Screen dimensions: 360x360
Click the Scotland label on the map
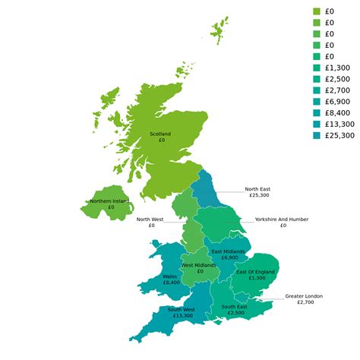click(x=160, y=134)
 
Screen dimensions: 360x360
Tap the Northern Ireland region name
click(x=109, y=201)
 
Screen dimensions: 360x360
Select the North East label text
click(x=257, y=189)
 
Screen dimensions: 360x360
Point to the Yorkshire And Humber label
click(x=282, y=219)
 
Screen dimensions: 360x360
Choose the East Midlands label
click(x=228, y=251)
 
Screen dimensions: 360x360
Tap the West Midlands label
click(x=199, y=265)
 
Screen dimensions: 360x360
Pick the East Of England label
click(x=255, y=271)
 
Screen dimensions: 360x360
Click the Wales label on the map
click(x=171, y=276)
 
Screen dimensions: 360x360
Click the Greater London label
click(x=304, y=295)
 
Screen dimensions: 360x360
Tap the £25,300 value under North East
click(x=259, y=196)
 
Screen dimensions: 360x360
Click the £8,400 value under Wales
click(x=171, y=283)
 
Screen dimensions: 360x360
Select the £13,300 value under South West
click(x=182, y=316)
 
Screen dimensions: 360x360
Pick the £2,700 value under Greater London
click(x=305, y=302)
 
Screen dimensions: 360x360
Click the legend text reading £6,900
click(x=337, y=101)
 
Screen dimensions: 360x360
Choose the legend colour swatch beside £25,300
click(x=317, y=135)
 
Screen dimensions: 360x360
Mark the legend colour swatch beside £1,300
click(x=317, y=68)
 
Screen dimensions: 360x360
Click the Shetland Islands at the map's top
click(x=220, y=30)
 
